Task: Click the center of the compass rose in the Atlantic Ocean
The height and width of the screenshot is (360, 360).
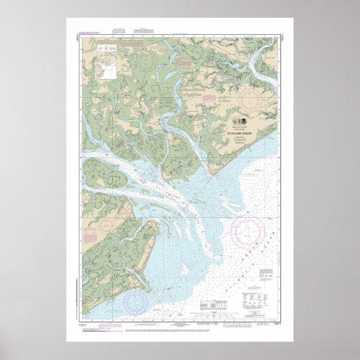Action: (x=247, y=231)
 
